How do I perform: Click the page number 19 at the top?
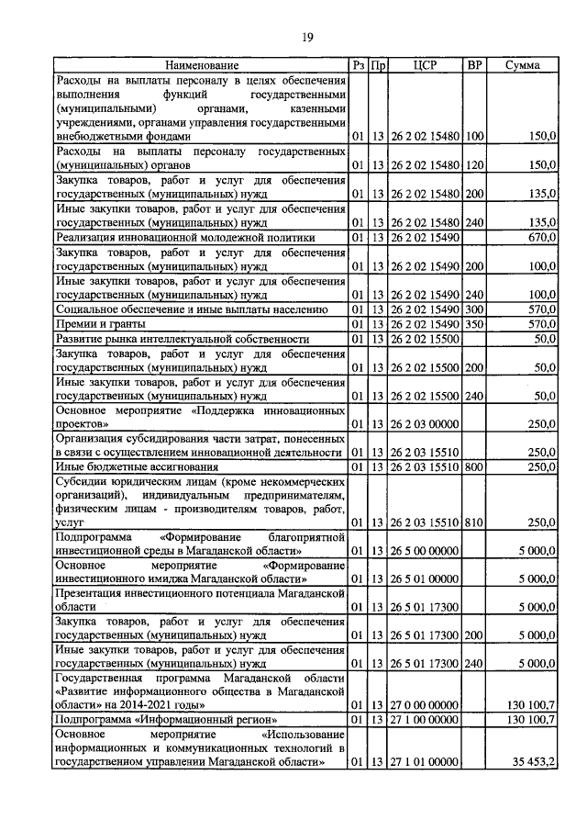pos(308,38)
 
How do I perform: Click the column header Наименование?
pos(202,65)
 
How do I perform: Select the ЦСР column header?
pos(425,65)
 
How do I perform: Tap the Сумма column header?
pos(522,65)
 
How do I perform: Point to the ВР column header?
pos(474,65)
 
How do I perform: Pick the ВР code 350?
pos(474,323)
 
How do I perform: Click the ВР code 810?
pos(474,522)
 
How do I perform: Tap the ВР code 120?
pos(474,164)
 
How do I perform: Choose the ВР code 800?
pos(474,466)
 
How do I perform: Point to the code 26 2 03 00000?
pos(424,423)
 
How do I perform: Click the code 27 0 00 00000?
pos(424,704)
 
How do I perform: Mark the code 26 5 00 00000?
pos(424,550)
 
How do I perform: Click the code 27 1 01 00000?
pos(424,761)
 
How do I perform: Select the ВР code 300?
pos(474,309)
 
